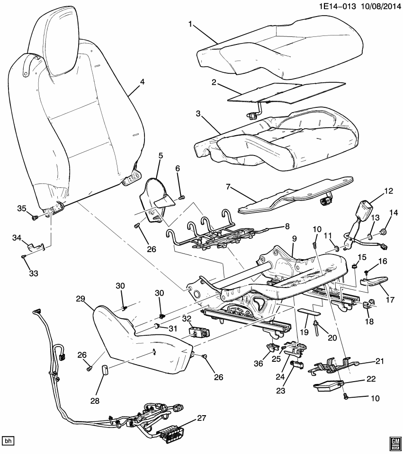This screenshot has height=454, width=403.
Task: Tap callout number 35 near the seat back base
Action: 21,209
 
